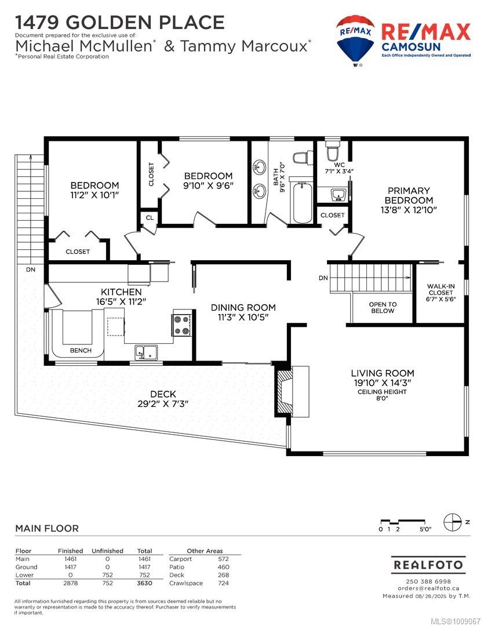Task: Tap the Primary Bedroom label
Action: (409, 195)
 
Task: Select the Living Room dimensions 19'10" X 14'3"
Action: (382, 383)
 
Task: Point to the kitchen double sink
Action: (146, 352)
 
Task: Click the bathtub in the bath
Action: (303, 202)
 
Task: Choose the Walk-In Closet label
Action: (441, 292)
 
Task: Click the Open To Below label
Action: (383, 307)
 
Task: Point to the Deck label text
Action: (163, 394)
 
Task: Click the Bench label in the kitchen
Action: (81, 351)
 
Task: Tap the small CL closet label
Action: (150, 217)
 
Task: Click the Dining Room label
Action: (243, 307)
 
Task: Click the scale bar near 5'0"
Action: (402, 522)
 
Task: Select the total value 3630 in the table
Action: (144, 583)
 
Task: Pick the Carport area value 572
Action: (224, 559)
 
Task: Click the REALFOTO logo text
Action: (428, 565)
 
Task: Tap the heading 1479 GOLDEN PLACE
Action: (120, 23)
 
